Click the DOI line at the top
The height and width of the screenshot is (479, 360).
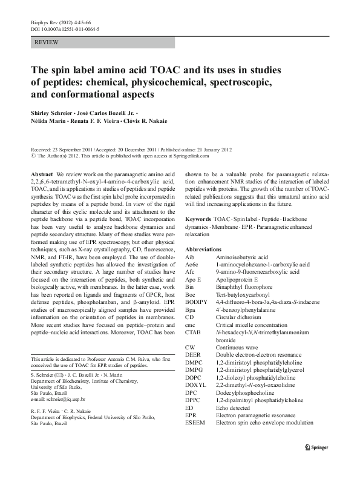(65, 28)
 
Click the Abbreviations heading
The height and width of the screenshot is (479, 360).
(203, 249)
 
